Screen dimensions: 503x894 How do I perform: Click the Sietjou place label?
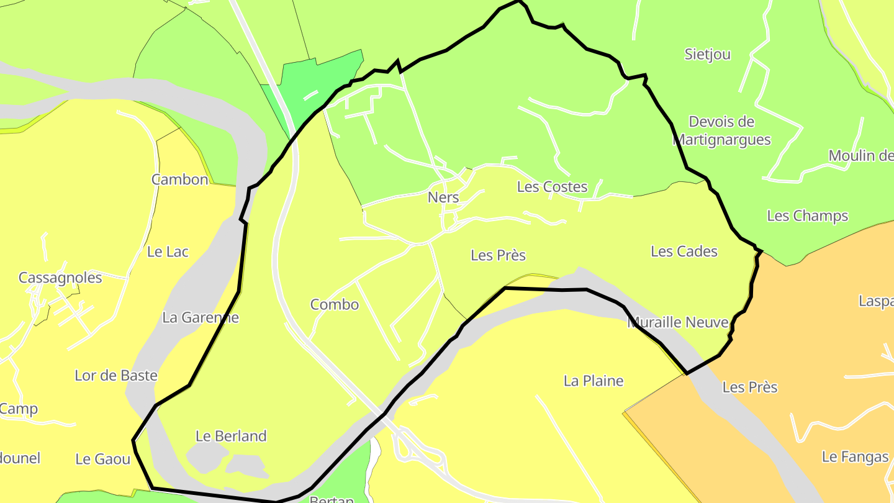coord(707,55)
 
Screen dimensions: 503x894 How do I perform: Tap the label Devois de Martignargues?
coord(721,130)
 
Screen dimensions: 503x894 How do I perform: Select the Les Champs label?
coord(807,216)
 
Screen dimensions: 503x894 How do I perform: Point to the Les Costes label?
coord(552,187)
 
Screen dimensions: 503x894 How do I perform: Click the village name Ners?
coord(443,197)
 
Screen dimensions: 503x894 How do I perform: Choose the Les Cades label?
coord(684,251)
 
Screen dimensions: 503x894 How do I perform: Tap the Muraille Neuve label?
coord(677,323)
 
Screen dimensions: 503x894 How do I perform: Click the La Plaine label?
coord(593,381)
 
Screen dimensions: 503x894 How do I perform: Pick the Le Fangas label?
coord(855,457)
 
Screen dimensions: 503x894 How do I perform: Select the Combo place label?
coord(334,304)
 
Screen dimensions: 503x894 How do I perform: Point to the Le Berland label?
coord(231,436)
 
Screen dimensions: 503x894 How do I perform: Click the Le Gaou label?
coord(102,459)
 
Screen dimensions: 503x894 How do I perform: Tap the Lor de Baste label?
coord(115,376)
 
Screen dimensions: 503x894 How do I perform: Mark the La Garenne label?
coord(200,317)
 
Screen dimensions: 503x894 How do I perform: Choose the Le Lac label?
coord(168,251)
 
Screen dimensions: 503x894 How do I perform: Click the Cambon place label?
coord(179,180)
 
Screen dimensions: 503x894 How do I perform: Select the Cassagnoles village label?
coord(60,278)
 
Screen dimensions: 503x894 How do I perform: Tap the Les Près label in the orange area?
coord(749,387)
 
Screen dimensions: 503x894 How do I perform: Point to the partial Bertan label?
coord(331,499)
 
